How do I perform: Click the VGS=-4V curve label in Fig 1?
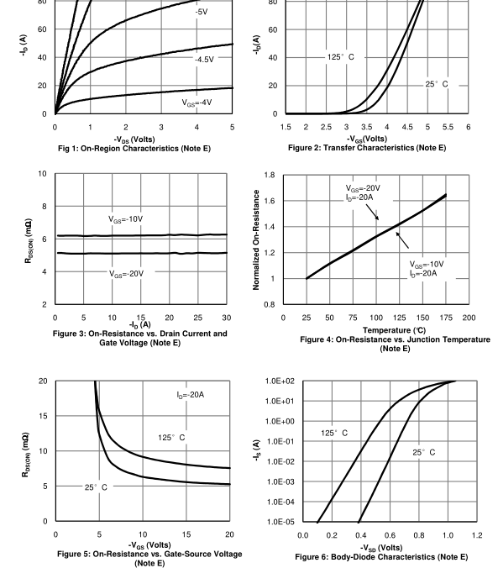coord(197,103)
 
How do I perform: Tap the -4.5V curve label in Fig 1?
coord(204,60)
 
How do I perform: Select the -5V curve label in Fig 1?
coord(202,12)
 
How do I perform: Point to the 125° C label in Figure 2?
coord(340,57)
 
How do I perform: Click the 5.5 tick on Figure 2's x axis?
coord(448,127)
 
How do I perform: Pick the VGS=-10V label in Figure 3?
coord(126,219)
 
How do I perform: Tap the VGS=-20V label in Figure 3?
coord(127,274)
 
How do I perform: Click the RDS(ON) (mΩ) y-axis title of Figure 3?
coord(29,240)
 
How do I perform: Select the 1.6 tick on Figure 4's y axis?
coord(270,201)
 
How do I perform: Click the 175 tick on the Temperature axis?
coord(446,318)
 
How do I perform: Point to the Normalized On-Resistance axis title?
coord(256,239)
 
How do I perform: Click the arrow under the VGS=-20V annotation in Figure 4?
coord(372,213)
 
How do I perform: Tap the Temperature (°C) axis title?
coord(395,330)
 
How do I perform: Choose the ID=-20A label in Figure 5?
coord(190,395)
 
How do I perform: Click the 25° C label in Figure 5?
coord(96,487)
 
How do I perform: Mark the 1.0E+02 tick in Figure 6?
coord(280,381)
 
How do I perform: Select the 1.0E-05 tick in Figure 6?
coord(280,522)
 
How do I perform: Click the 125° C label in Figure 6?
coord(334,433)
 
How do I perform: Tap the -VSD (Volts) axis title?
coord(381,548)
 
